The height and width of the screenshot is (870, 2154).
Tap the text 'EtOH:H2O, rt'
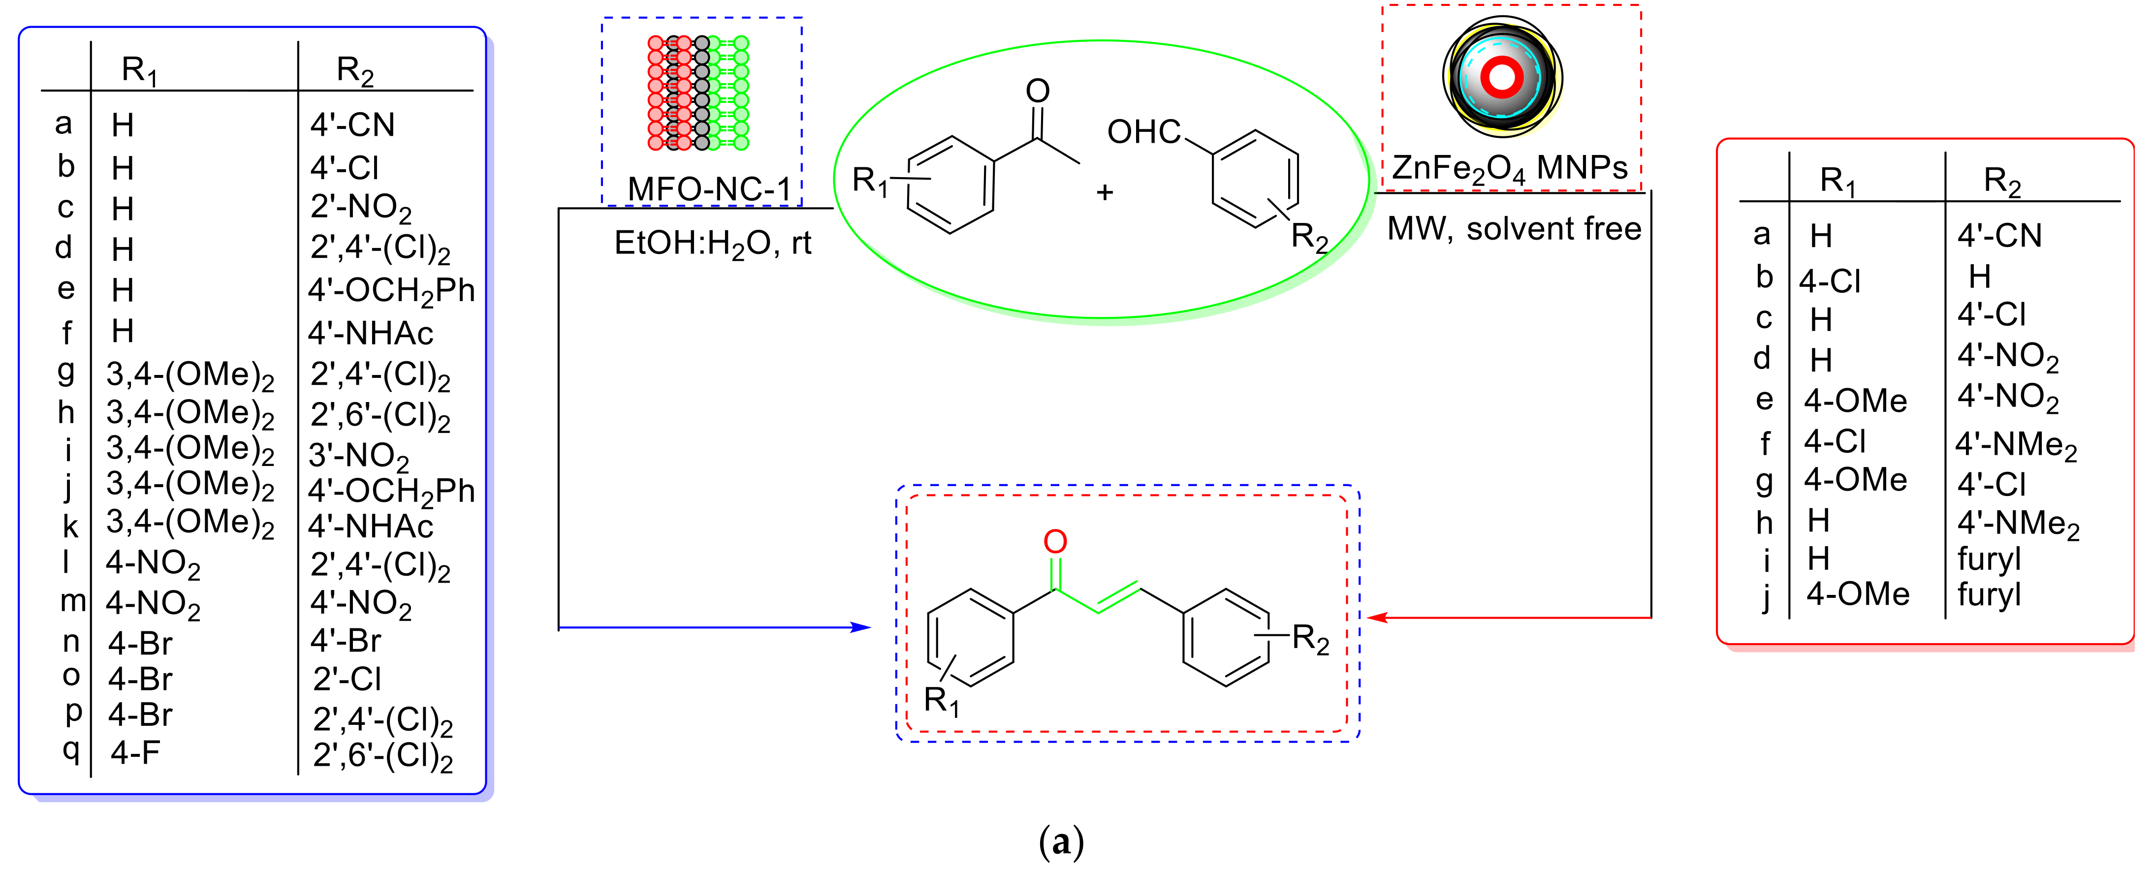click(712, 243)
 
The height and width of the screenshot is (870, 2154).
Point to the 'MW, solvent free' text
click(1514, 228)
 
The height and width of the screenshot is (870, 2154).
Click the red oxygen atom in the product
click(1055, 542)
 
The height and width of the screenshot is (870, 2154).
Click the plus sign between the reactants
click(1105, 192)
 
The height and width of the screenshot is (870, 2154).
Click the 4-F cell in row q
click(135, 752)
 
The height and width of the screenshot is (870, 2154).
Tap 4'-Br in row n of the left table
click(346, 640)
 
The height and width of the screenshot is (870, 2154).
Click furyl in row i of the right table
click(1989, 559)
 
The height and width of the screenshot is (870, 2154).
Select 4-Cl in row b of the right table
click(1830, 281)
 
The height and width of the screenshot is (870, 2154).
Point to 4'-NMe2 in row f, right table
click(2015, 444)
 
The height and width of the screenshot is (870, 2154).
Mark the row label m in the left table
click(73, 600)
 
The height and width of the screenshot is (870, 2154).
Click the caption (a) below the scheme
click(1060, 841)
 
